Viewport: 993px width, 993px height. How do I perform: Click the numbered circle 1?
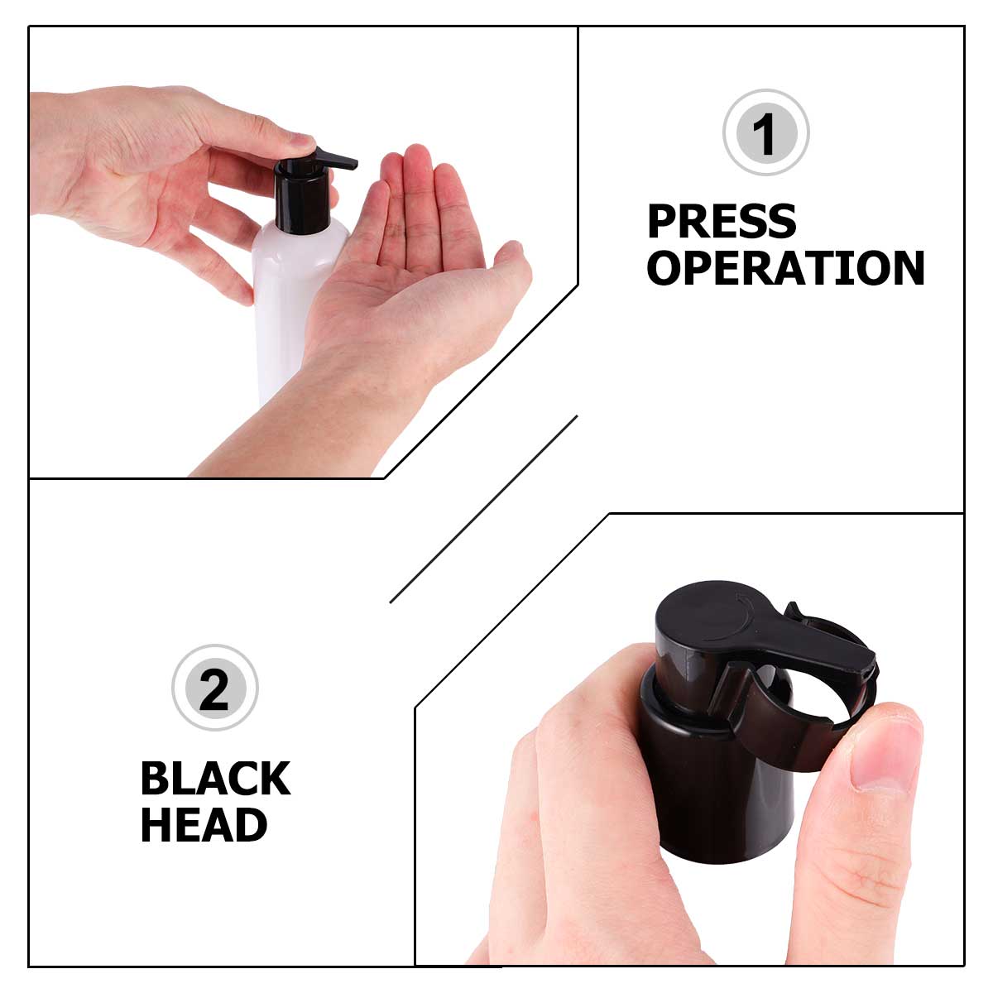[x=765, y=132]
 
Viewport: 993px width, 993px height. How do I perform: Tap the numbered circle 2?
[x=214, y=688]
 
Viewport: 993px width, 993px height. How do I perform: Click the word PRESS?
[x=722, y=222]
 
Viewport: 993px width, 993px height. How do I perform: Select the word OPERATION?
[x=785, y=269]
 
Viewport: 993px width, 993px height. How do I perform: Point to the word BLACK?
[x=215, y=779]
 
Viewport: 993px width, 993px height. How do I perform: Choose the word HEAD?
[x=204, y=825]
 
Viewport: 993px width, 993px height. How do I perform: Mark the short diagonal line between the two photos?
[x=483, y=509]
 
